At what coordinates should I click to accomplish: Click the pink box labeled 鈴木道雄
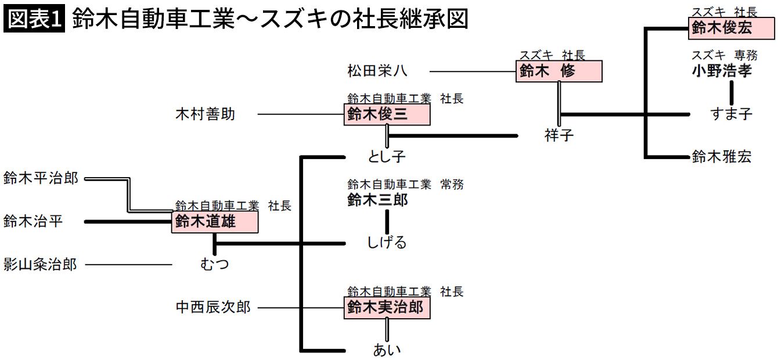point(214,222)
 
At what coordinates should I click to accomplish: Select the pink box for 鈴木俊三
point(387,114)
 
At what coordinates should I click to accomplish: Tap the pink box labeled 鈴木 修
point(559,71)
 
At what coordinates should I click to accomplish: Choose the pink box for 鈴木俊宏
point(731,28)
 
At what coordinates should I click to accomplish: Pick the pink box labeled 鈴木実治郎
point(387,308)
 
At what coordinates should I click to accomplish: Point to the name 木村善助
point(206,114)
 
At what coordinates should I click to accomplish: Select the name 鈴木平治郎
point(41,178)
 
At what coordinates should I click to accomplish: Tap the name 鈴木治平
point(33,221)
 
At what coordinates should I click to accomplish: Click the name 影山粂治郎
point(41,265)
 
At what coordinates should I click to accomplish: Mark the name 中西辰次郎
point(213,307)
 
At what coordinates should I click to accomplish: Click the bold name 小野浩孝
point(722,71)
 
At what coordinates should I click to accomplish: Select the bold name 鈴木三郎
point(377,200)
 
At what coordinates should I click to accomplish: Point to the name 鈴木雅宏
point(722,157)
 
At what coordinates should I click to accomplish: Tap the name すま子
point(731,114)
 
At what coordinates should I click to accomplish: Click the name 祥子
point(559,136)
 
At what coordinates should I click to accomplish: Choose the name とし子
point(387,157)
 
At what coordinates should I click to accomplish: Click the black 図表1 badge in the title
point(34,20)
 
